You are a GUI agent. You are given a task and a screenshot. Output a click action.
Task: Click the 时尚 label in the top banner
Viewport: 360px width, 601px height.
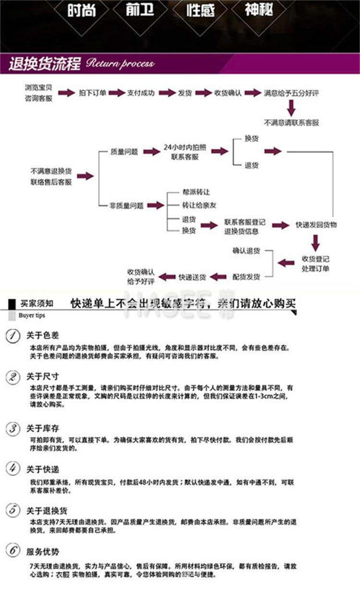coord(81,11)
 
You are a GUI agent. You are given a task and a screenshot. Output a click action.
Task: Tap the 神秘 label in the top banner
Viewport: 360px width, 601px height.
coord(259,10)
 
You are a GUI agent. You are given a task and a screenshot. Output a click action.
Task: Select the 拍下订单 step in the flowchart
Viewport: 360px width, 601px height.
coord(93,93)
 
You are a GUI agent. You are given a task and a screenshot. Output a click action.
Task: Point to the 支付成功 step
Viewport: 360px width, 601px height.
coord(141,93)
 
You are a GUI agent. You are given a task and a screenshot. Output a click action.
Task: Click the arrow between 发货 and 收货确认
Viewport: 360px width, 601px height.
coord(203,93)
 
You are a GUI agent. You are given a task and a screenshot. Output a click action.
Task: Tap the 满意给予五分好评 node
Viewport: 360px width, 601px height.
coord(291,93)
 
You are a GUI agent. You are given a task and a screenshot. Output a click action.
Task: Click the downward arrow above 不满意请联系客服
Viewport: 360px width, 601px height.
coord(291,108)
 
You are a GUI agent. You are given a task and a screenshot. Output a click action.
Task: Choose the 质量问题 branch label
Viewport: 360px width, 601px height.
coord(124,152)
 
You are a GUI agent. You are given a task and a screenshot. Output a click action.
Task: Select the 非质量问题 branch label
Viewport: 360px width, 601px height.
coord(127,205)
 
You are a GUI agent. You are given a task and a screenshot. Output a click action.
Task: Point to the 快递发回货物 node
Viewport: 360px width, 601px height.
coord(316,225)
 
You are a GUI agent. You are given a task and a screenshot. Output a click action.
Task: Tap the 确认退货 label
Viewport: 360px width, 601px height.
coord(246,251)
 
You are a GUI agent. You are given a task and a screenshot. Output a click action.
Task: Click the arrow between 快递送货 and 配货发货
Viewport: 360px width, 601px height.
coord(218,276)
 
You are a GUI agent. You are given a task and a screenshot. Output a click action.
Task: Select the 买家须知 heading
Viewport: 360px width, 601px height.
coord(37,303)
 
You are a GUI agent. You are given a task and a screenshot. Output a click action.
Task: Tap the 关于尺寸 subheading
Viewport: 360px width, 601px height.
coord(42,376)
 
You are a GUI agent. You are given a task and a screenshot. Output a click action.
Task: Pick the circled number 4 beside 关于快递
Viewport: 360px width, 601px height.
coord(13,469)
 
